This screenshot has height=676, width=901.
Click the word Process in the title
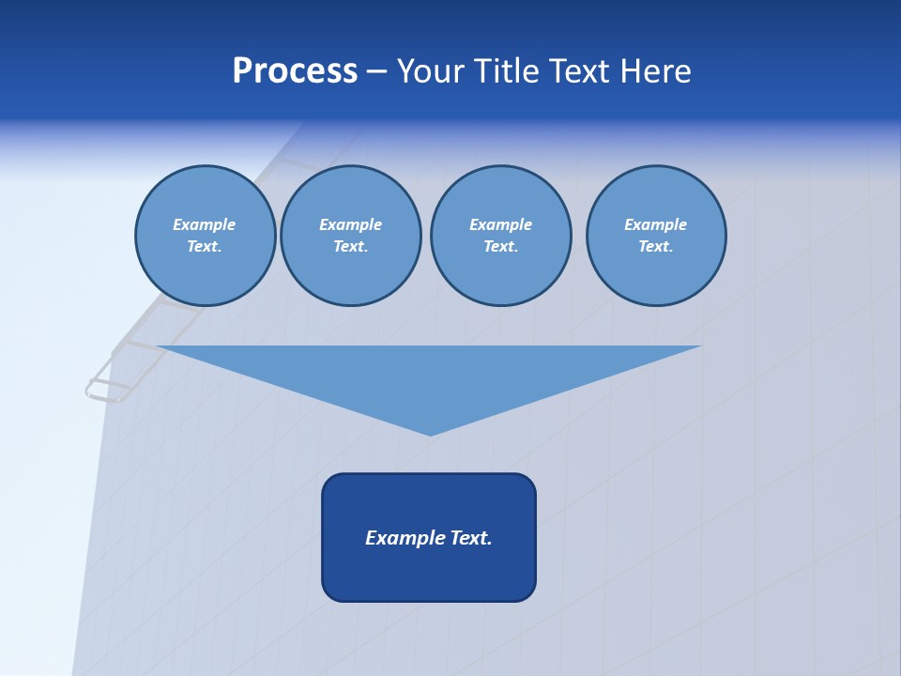[x=295, y=71]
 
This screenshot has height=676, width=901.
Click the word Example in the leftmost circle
[x=204, y=224]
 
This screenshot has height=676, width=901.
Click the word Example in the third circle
[x=500, y=224]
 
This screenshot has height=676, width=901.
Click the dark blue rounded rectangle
[x=429, y=573]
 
